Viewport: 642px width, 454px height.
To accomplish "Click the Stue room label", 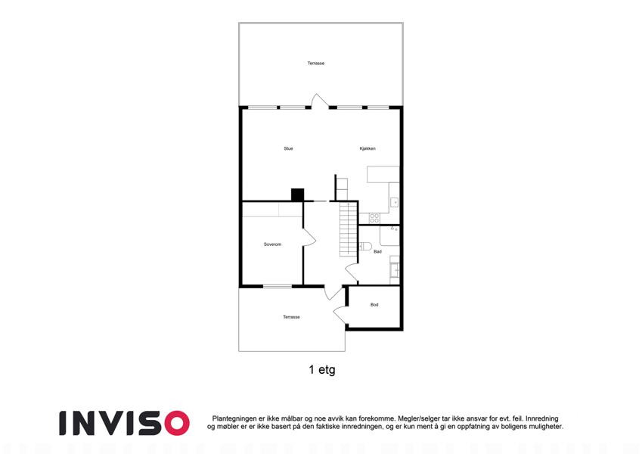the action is click(x=288, y=149).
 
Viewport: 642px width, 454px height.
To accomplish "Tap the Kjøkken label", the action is click(x=368, y=149).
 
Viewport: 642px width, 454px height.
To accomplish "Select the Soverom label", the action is click(x=272, y=244).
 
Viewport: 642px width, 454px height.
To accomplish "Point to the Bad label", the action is click(x=377, y=251).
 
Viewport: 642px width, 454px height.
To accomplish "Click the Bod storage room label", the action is click(x=374, y=305).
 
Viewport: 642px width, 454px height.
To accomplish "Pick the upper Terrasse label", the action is click(x=315, y=64).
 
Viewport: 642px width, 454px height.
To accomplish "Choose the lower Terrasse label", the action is click(x=291, y=317).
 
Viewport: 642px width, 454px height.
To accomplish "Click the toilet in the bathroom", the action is click(x=365, y=246).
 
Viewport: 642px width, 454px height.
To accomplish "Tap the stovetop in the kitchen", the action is click(x=374, y=219).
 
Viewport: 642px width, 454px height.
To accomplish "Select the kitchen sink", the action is click(x=394, y=203).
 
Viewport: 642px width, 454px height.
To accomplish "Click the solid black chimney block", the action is click(x=298, y=194).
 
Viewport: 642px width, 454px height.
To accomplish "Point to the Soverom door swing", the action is click(x=309, y=238).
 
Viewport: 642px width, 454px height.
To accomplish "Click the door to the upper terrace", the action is click(x=320, y=101).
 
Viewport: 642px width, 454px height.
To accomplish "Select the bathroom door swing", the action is click(x=352, y=273).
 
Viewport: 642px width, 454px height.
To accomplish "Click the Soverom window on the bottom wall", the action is click(x=278, y=286).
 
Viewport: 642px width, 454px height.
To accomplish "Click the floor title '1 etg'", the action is click(x=322, y=369).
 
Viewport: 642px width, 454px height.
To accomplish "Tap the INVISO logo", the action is click(x=124, y=423).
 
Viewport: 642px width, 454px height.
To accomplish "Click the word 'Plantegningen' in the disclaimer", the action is click(x=234, y=418).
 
